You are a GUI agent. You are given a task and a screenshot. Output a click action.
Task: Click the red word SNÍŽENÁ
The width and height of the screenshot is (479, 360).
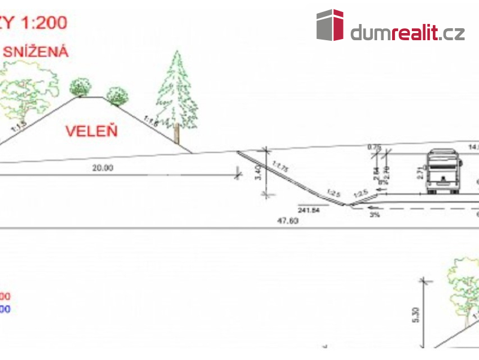point(36,52)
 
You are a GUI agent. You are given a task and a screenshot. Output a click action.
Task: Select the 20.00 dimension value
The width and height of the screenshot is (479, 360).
point(102,168)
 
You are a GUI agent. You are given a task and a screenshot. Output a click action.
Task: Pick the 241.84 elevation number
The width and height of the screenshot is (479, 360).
point(310,211)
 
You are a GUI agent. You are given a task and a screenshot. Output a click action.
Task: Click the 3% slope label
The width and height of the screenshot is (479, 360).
point(375,214)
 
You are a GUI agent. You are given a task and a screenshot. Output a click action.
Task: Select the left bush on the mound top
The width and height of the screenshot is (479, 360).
point(80,87)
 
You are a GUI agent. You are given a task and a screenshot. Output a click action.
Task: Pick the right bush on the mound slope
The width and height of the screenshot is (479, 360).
point(117,95)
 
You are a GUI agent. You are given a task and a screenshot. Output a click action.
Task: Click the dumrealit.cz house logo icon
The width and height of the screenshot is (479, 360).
point(330,25)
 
